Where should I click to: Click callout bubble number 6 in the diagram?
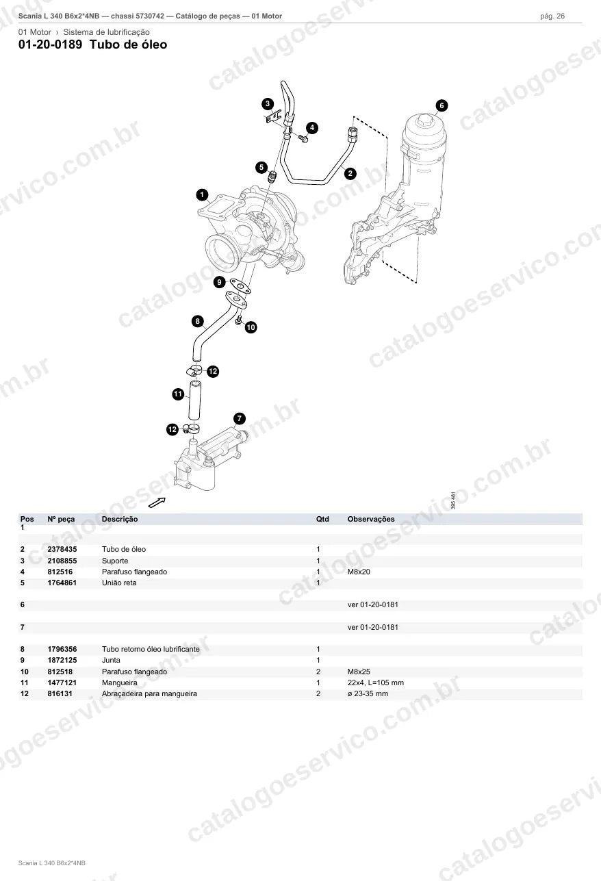[x=442, y=105]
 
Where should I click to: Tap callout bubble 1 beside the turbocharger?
[x=202, y=194]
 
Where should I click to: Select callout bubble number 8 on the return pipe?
[x=197, y=321]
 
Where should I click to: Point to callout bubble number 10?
[x=251, y=327]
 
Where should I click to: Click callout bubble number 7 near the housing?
[x=239, y=418]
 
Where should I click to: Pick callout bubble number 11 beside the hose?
[x=179, y=394]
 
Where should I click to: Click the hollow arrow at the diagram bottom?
[x=157, y=502]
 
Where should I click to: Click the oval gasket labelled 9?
[x=240, y=286]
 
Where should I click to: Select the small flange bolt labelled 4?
[x=303, y=138]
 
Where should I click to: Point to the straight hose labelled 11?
[x=194, y=400]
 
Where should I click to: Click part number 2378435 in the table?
[x=62, y=549]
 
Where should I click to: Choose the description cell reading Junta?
[x=111, y=660]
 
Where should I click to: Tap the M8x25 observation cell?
[x=359, y=672]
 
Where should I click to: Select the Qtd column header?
[x=322, y=519]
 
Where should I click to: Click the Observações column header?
[x=371, y=519]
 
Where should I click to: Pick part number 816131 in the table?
[x=60, y=693]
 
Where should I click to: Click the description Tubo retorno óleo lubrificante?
[x=151, y=649]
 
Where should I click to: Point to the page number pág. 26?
[x=552, y=16]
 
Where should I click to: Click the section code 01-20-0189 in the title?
[x=51, y=44]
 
